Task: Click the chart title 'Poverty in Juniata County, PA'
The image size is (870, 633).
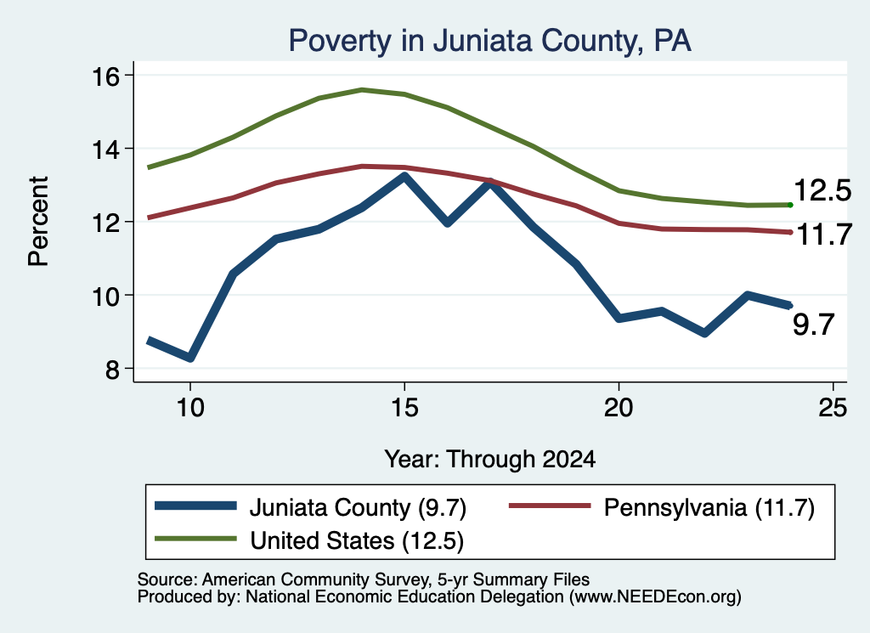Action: (489, 42)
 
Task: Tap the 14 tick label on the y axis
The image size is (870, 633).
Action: (105, 150)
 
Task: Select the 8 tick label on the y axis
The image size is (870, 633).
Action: (112, 369)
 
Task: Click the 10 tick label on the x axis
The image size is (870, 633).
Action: (190, 408)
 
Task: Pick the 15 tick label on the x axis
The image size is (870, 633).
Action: (404, 408)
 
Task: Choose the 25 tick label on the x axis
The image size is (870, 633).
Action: (833, 408)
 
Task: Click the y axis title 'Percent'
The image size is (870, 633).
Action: (38, 222)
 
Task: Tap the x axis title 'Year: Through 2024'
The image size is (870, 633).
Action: (490, 460)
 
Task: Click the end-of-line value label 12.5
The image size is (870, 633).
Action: (822, 190)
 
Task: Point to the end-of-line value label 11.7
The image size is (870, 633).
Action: (824, 235)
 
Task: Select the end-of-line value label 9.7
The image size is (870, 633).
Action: (813, 324)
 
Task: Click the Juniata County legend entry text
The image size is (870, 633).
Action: (358, 507)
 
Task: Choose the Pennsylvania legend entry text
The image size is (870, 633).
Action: (709, 507)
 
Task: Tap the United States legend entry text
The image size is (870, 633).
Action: (357, 541)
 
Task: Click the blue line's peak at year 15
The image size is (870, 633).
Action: (404, 177)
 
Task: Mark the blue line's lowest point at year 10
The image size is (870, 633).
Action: (190, 358)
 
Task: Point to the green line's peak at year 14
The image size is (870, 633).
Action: (362, 89)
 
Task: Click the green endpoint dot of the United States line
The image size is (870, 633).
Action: (790, 206)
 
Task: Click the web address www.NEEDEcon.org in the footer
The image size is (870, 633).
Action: (655, 597)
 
